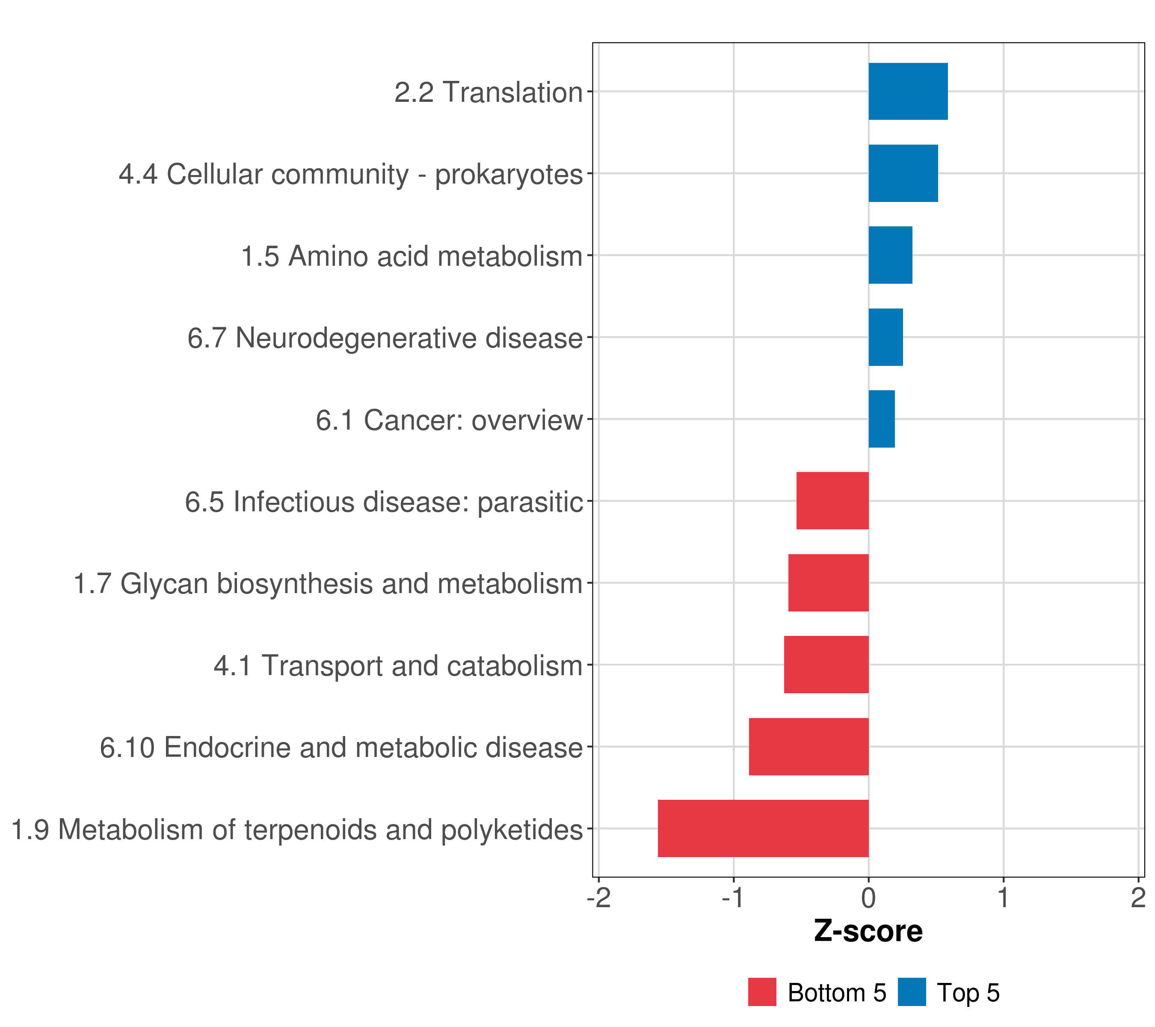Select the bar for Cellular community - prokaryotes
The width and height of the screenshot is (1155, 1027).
(x=903, y=174)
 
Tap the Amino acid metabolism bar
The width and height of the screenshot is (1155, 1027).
(x=890, y=255)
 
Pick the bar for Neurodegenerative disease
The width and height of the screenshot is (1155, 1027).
(x=885, y=338)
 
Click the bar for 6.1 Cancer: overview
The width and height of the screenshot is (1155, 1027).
(x=882, y=419)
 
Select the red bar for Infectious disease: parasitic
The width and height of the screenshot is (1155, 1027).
(x=832, y=501)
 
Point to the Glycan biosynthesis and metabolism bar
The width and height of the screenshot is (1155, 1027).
(x=828, y=583)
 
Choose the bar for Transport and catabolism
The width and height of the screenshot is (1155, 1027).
(x=826, y=665)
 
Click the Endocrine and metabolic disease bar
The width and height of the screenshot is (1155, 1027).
(x=808, y=747)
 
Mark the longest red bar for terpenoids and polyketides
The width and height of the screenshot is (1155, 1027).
(x=763, y=828)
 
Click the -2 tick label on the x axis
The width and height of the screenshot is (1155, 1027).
(x=598, y=898)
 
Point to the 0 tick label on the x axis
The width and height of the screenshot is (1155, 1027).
(x=868, y=898)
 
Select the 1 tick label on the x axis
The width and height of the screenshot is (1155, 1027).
(x=1003, y=898)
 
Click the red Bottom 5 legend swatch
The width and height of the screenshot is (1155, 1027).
(x=762, y=992)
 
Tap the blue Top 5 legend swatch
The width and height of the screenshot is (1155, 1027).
(x=912, y=992)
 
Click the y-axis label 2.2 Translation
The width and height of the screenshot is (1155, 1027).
(x=488, y=92)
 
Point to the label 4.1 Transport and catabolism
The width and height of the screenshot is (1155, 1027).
(x=398, y=666)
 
